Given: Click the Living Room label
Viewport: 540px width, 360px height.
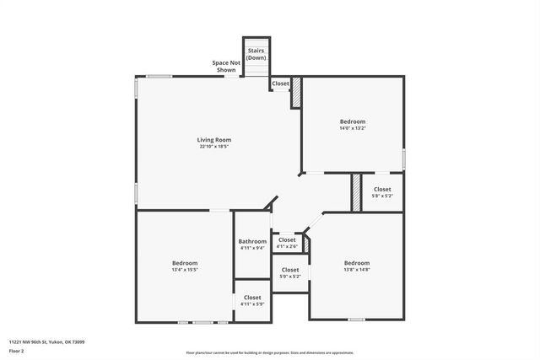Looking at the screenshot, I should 214,140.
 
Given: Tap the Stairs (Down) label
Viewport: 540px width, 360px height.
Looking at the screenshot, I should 256,54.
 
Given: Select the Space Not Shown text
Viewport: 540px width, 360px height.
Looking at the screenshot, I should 224,67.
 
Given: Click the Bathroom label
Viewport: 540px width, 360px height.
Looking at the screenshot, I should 252,241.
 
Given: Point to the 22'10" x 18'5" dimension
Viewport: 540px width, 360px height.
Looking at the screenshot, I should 214,147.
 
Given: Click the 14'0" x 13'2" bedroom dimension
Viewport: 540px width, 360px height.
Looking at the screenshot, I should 353,129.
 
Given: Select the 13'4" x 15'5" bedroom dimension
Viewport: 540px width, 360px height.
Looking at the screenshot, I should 185,270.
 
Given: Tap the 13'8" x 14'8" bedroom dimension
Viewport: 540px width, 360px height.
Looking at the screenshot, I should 356,270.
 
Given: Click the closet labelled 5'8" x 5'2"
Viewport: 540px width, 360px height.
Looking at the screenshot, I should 382,196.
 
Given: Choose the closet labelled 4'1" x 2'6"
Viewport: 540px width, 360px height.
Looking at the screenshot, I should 287,246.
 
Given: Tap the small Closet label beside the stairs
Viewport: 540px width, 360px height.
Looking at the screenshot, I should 280,83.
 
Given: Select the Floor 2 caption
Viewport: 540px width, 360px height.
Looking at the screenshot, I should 18,349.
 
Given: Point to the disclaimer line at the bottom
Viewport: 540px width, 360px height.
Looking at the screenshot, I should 269,353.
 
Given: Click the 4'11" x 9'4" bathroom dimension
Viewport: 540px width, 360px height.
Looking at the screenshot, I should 252,248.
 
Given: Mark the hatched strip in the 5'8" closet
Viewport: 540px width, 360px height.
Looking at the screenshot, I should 356,192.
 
